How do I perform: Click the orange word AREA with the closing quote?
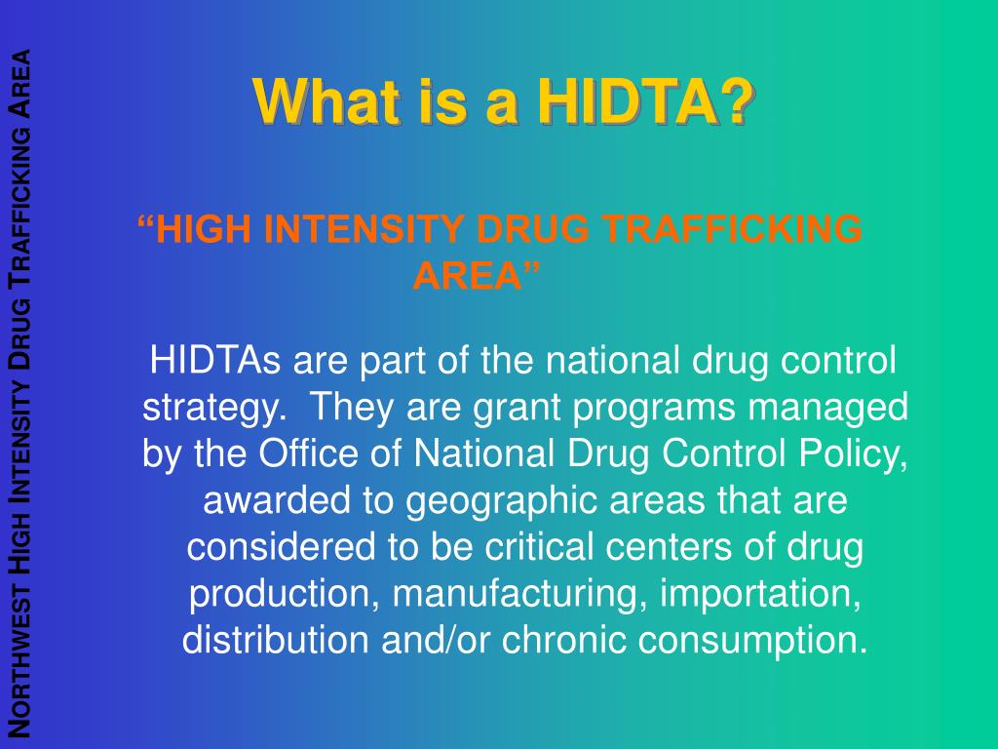point(477,276)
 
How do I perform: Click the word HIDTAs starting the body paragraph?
point(215,360)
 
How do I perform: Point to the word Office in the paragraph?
point(306,453)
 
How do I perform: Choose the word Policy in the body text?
point(858,453)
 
